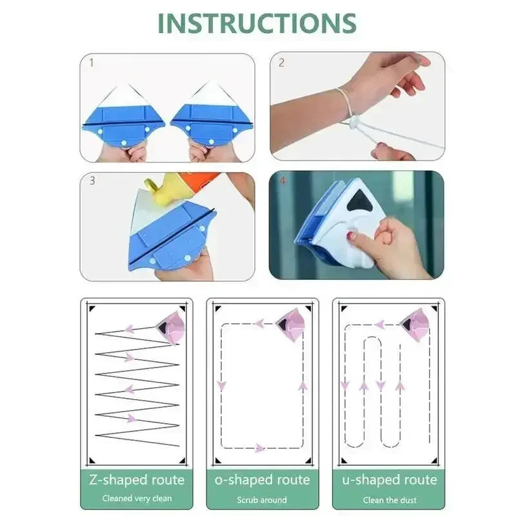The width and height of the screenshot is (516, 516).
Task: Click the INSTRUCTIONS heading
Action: coord(257,23)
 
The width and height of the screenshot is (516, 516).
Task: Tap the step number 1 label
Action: coord(92,63)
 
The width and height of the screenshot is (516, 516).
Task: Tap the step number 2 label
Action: coord(281,63)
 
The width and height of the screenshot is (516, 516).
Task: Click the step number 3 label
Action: coord(92,181)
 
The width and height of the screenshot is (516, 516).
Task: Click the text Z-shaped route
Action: coord(136,480)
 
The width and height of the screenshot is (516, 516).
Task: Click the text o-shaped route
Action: coord(262,480)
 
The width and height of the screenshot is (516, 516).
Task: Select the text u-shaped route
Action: coord(388,480)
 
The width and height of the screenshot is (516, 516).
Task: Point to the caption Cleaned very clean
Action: coord(136,499)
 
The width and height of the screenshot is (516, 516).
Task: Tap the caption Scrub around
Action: coord(262,499)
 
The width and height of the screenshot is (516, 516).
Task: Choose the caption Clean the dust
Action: coord(388,499)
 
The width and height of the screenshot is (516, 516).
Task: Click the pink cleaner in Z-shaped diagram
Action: coord(172,325)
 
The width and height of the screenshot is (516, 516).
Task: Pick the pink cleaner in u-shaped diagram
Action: coord(415,324)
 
